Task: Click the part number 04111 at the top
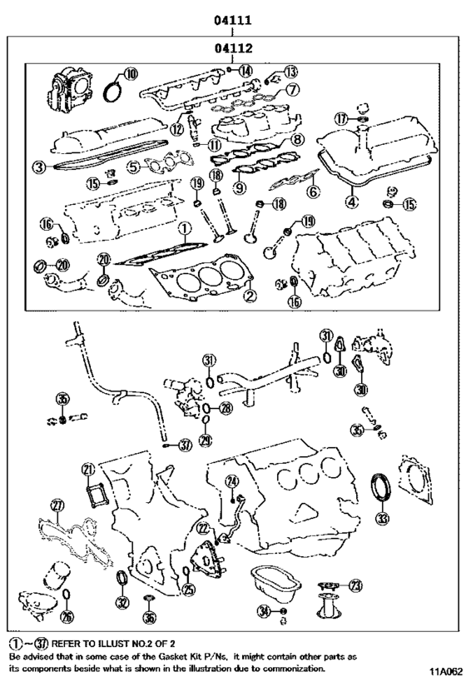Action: tap(233, 19)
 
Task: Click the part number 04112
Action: tap(233, 49)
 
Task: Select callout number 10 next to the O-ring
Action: tap(131, 72)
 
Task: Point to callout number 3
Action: tap(39, 167)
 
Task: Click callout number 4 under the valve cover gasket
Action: tap(352, 201)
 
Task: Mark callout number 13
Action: tap(290, 72)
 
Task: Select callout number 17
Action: tap(341, 119)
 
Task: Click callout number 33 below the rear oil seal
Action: tap(381, 518)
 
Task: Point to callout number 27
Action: tap(57, 505)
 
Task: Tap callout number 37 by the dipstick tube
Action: tap(185, 446)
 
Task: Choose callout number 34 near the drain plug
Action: tap(264, 612)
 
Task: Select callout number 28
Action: tap(226, 408)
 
